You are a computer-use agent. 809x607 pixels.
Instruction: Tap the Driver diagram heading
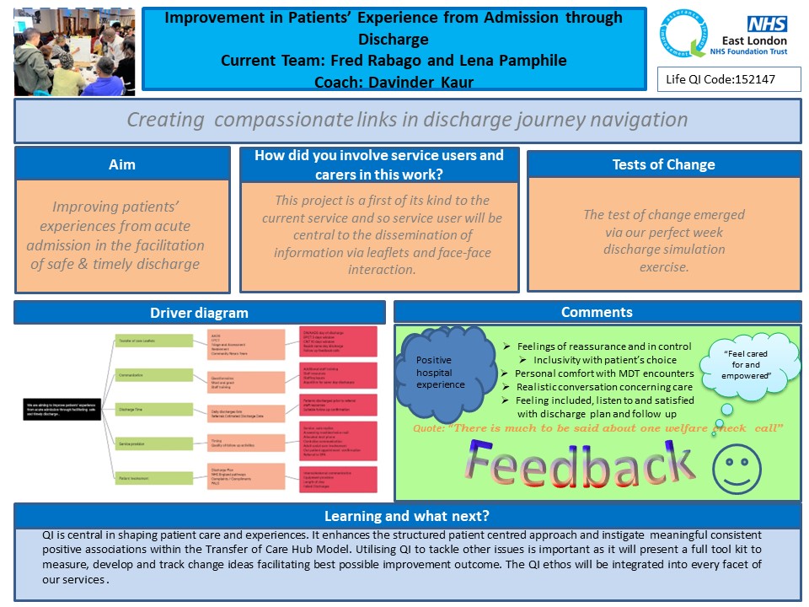coord(199,313)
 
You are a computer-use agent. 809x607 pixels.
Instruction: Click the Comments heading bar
coord(597,313)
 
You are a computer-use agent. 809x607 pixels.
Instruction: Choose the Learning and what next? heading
coord(407,516)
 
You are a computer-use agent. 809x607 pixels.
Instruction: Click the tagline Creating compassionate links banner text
coord(407,120)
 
